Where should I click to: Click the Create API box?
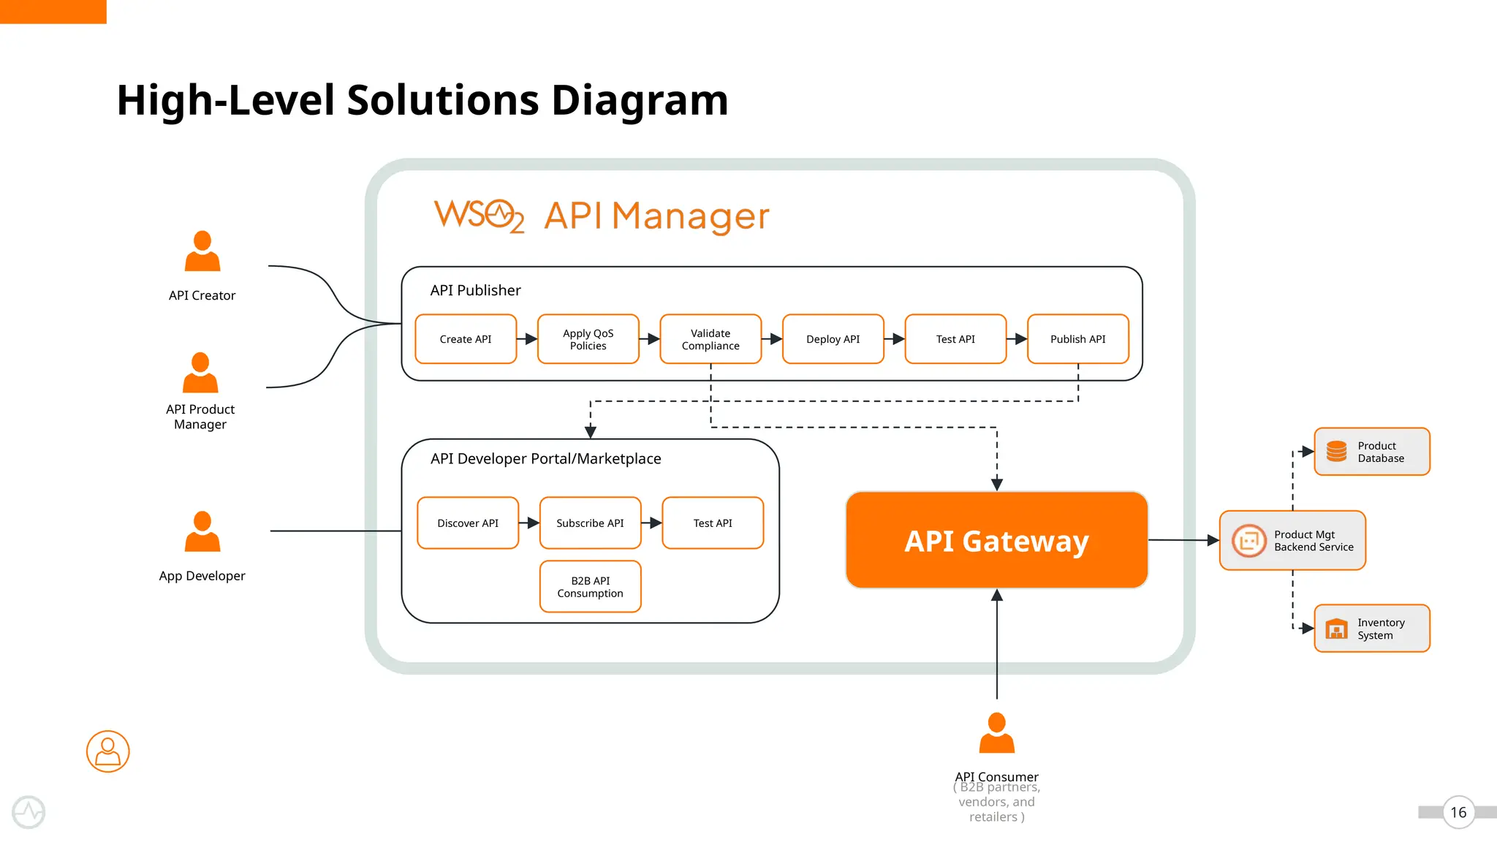466,339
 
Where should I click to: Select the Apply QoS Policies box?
588,339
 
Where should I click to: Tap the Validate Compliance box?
710,339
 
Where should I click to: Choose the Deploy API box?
833,339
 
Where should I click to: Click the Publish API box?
1077,339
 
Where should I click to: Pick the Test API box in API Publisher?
955,339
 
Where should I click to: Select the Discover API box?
468,523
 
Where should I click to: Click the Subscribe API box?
590,523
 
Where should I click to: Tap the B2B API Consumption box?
590,587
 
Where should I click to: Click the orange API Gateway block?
996,541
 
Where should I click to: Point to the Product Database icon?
1336,452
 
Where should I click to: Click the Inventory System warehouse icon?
1336,629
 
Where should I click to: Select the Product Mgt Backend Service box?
1292,541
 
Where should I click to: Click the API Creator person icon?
202,251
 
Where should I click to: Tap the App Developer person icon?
202,531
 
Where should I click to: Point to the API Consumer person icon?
996,733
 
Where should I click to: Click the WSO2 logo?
479,216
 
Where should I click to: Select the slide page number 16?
1458,813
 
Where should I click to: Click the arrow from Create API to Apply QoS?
527,339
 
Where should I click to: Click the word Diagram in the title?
640,100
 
